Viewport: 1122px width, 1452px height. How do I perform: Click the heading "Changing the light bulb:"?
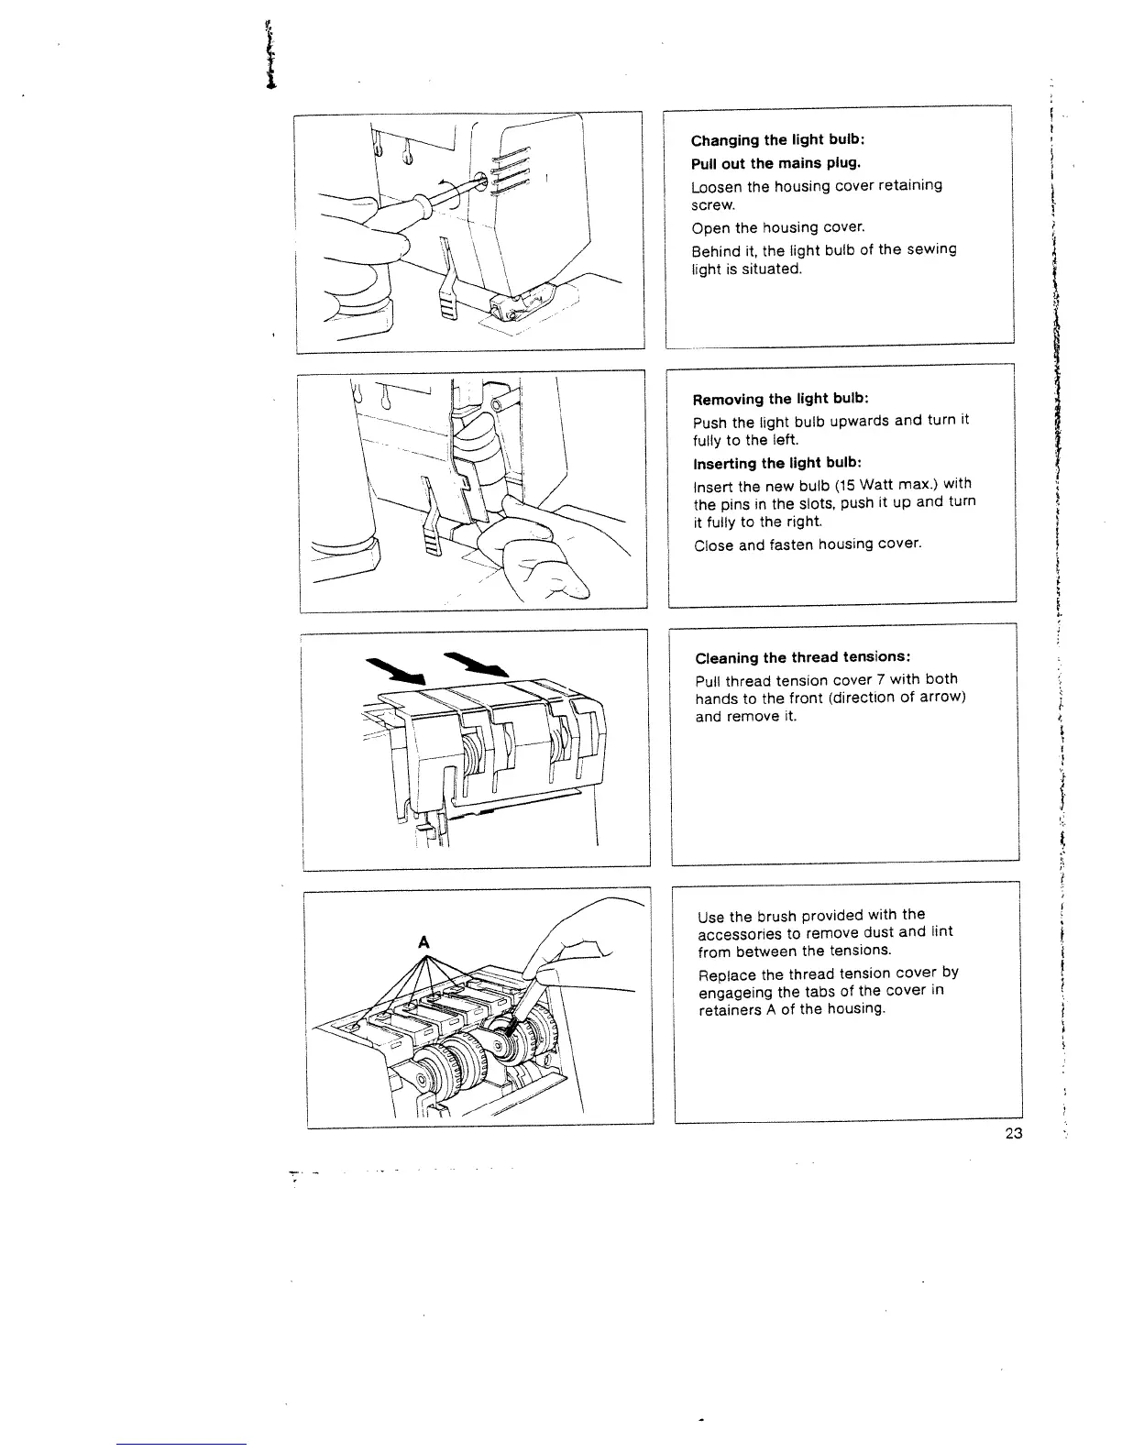(777, 140)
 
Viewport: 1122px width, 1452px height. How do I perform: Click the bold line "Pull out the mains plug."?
(775, 163)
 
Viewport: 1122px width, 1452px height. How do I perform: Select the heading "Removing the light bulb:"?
(780, 399)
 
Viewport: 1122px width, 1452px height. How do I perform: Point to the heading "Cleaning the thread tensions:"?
(802, 657)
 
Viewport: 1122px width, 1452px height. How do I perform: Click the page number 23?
(1013, 1133)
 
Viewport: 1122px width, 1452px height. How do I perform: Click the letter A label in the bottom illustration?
(423, 941)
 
